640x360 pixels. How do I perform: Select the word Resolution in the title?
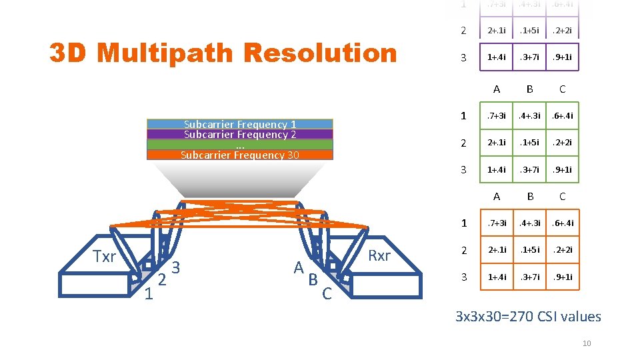[321, 53]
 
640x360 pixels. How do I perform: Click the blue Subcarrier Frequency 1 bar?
[240, 124]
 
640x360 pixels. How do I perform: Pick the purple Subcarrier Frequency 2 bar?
[240, 134]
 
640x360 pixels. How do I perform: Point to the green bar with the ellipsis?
[240, 145]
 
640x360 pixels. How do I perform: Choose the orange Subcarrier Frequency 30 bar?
[240, 155]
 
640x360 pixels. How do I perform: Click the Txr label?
[104, 257]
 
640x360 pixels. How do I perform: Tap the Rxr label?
[379, 256]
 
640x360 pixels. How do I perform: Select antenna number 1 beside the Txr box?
[149, 294]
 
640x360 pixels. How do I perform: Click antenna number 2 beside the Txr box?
[162, 281]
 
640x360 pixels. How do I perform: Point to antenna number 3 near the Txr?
[176, 268]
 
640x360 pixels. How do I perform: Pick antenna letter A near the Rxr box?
[299, 267]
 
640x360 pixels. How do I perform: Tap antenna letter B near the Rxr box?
[313, 280]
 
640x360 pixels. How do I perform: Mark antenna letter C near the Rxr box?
[327, 293]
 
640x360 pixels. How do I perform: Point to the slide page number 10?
[587, 343]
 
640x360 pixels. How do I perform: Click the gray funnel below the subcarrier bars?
[240, 177]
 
